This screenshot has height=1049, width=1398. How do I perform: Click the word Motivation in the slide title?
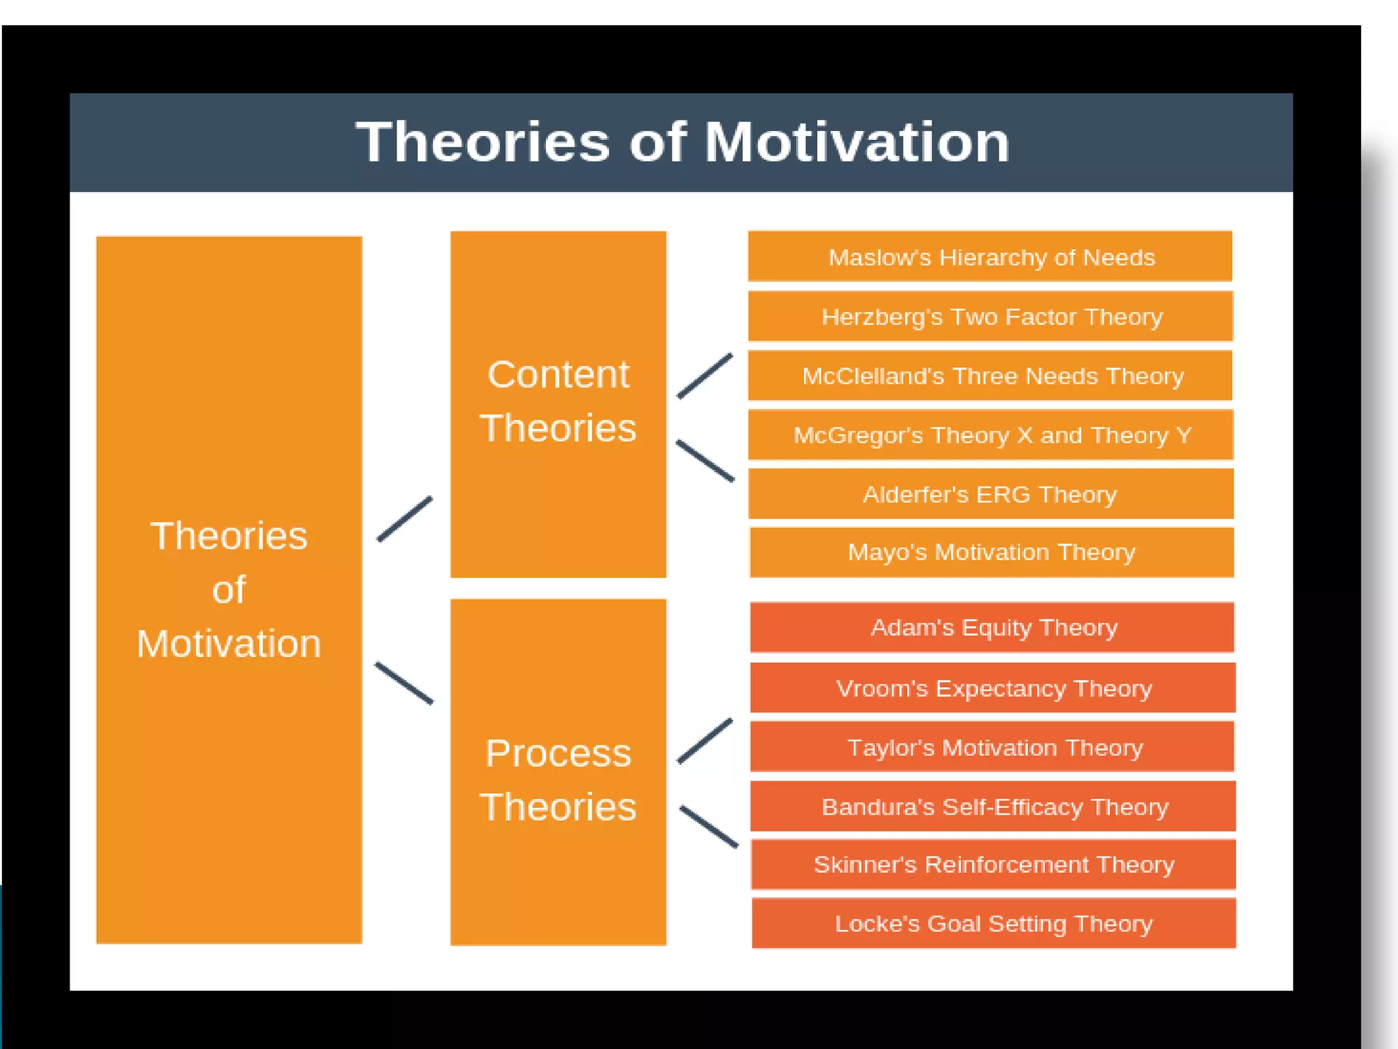click(856, 143)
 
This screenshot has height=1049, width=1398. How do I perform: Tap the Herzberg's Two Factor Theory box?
click(990, 316)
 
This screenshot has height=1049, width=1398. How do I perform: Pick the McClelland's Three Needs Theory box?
click(990, 376)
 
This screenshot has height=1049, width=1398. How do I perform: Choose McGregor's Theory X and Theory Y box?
click(990, 435)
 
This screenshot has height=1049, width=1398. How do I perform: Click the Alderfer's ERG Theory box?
click(990, 494)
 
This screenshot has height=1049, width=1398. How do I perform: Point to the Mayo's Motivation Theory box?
click(991, 552)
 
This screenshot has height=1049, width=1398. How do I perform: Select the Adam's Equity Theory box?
click(993, 627)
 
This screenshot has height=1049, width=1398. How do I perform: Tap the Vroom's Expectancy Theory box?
click(993, 688)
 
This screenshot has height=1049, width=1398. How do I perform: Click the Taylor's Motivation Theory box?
click(993, 747)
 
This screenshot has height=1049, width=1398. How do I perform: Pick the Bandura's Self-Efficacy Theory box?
click(993, 807)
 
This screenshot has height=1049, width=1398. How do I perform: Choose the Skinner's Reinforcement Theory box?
click(993, 865)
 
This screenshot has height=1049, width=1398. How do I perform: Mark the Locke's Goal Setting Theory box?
click(993, 923)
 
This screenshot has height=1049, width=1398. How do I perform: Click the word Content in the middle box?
click(558, 374)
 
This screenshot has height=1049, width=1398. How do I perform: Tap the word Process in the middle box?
click(558, 753)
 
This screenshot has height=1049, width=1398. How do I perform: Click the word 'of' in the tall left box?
click(229, 589)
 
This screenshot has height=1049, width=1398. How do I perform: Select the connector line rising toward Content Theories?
click(405, 519)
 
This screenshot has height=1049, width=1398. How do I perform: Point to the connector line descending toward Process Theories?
click(404, 683)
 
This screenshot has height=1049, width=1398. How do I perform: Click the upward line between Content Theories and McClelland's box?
click(705, 375)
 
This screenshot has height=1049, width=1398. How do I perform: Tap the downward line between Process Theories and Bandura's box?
click(709, 827)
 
